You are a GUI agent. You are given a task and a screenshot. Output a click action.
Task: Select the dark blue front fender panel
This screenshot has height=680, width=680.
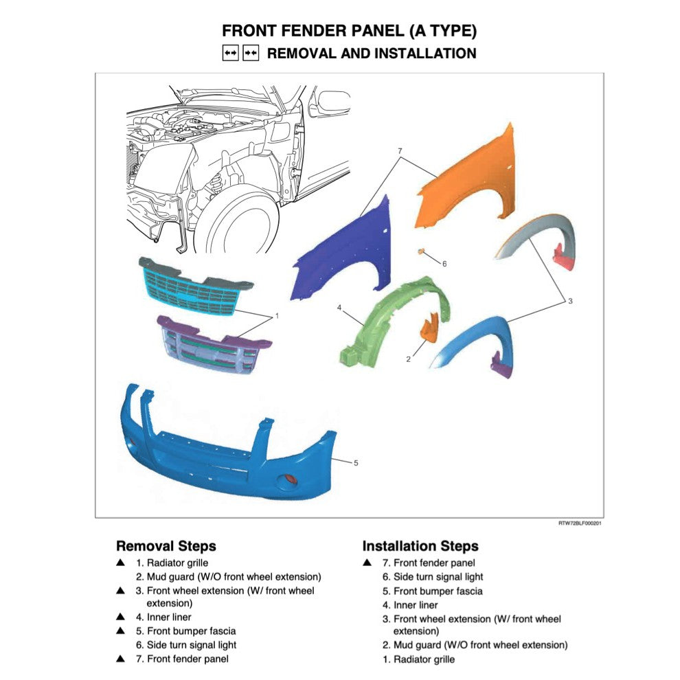343,254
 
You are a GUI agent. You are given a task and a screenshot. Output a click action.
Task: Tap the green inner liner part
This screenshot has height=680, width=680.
388,323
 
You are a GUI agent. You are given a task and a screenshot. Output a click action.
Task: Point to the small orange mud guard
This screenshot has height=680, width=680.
429,328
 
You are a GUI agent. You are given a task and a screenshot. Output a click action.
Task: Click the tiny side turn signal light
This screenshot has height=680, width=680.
418,252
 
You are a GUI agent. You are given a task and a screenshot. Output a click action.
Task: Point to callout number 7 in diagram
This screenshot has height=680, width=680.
398,150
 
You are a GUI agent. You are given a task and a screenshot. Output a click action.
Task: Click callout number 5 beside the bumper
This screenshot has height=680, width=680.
356,462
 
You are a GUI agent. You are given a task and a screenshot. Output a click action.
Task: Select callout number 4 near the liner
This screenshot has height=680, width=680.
339,308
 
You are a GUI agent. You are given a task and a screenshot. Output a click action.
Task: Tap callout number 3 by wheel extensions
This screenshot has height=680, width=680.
570,301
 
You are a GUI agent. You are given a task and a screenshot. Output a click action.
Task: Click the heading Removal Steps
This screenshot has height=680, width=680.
166,546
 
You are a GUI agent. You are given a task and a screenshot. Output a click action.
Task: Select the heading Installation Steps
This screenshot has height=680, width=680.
420,546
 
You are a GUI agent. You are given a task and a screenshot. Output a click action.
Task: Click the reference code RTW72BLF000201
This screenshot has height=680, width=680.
580,523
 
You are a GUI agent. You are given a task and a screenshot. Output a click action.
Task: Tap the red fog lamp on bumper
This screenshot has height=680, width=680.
289,478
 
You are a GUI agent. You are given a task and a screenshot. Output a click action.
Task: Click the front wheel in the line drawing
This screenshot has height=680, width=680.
237,227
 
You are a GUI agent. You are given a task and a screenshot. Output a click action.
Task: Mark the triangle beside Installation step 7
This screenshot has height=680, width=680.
367,563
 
